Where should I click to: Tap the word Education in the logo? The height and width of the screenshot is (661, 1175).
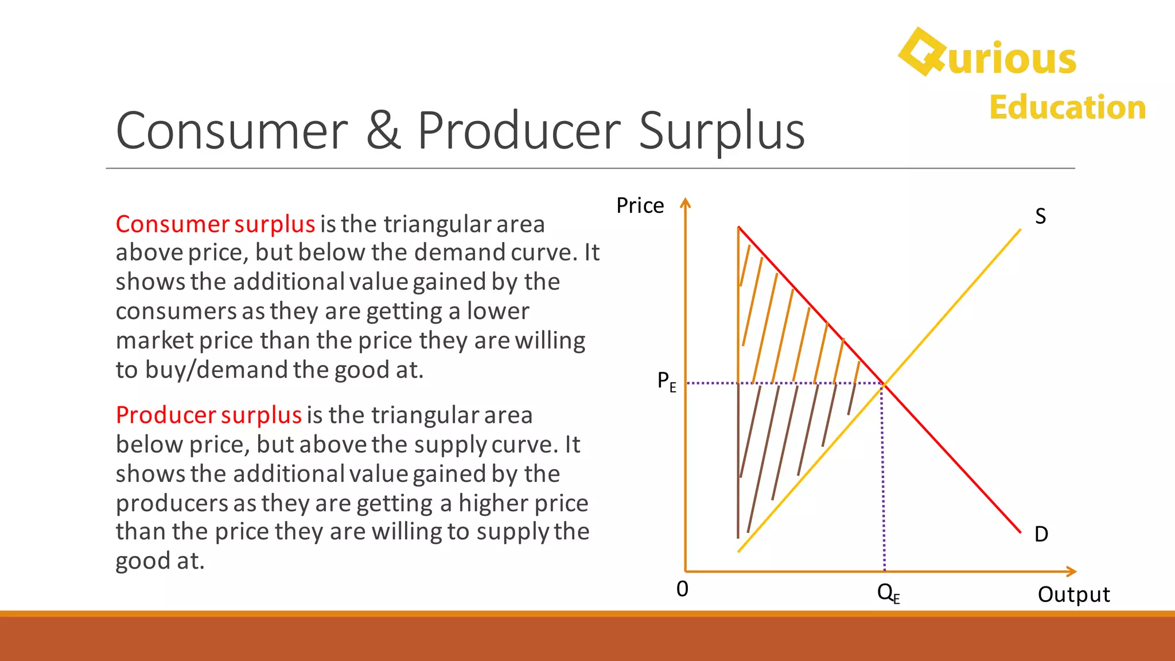1067,107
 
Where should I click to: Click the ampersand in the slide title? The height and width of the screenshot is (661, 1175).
383,131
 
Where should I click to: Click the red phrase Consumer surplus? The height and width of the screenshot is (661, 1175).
215,224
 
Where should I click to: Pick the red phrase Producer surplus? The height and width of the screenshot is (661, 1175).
208,415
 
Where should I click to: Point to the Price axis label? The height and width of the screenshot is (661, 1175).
640,205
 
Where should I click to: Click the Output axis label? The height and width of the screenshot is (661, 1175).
1073,594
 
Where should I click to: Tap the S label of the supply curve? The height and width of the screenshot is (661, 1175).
1040,216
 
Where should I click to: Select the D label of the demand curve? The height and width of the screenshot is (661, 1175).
1041,534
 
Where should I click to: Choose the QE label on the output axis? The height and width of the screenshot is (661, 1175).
888,593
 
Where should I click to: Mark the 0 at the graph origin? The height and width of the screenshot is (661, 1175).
682,589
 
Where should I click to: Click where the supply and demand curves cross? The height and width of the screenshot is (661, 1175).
884,384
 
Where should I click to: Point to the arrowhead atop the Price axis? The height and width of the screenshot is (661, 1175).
685,202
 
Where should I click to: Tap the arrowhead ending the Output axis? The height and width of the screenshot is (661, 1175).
1072,571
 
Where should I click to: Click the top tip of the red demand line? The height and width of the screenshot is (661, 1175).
739,228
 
